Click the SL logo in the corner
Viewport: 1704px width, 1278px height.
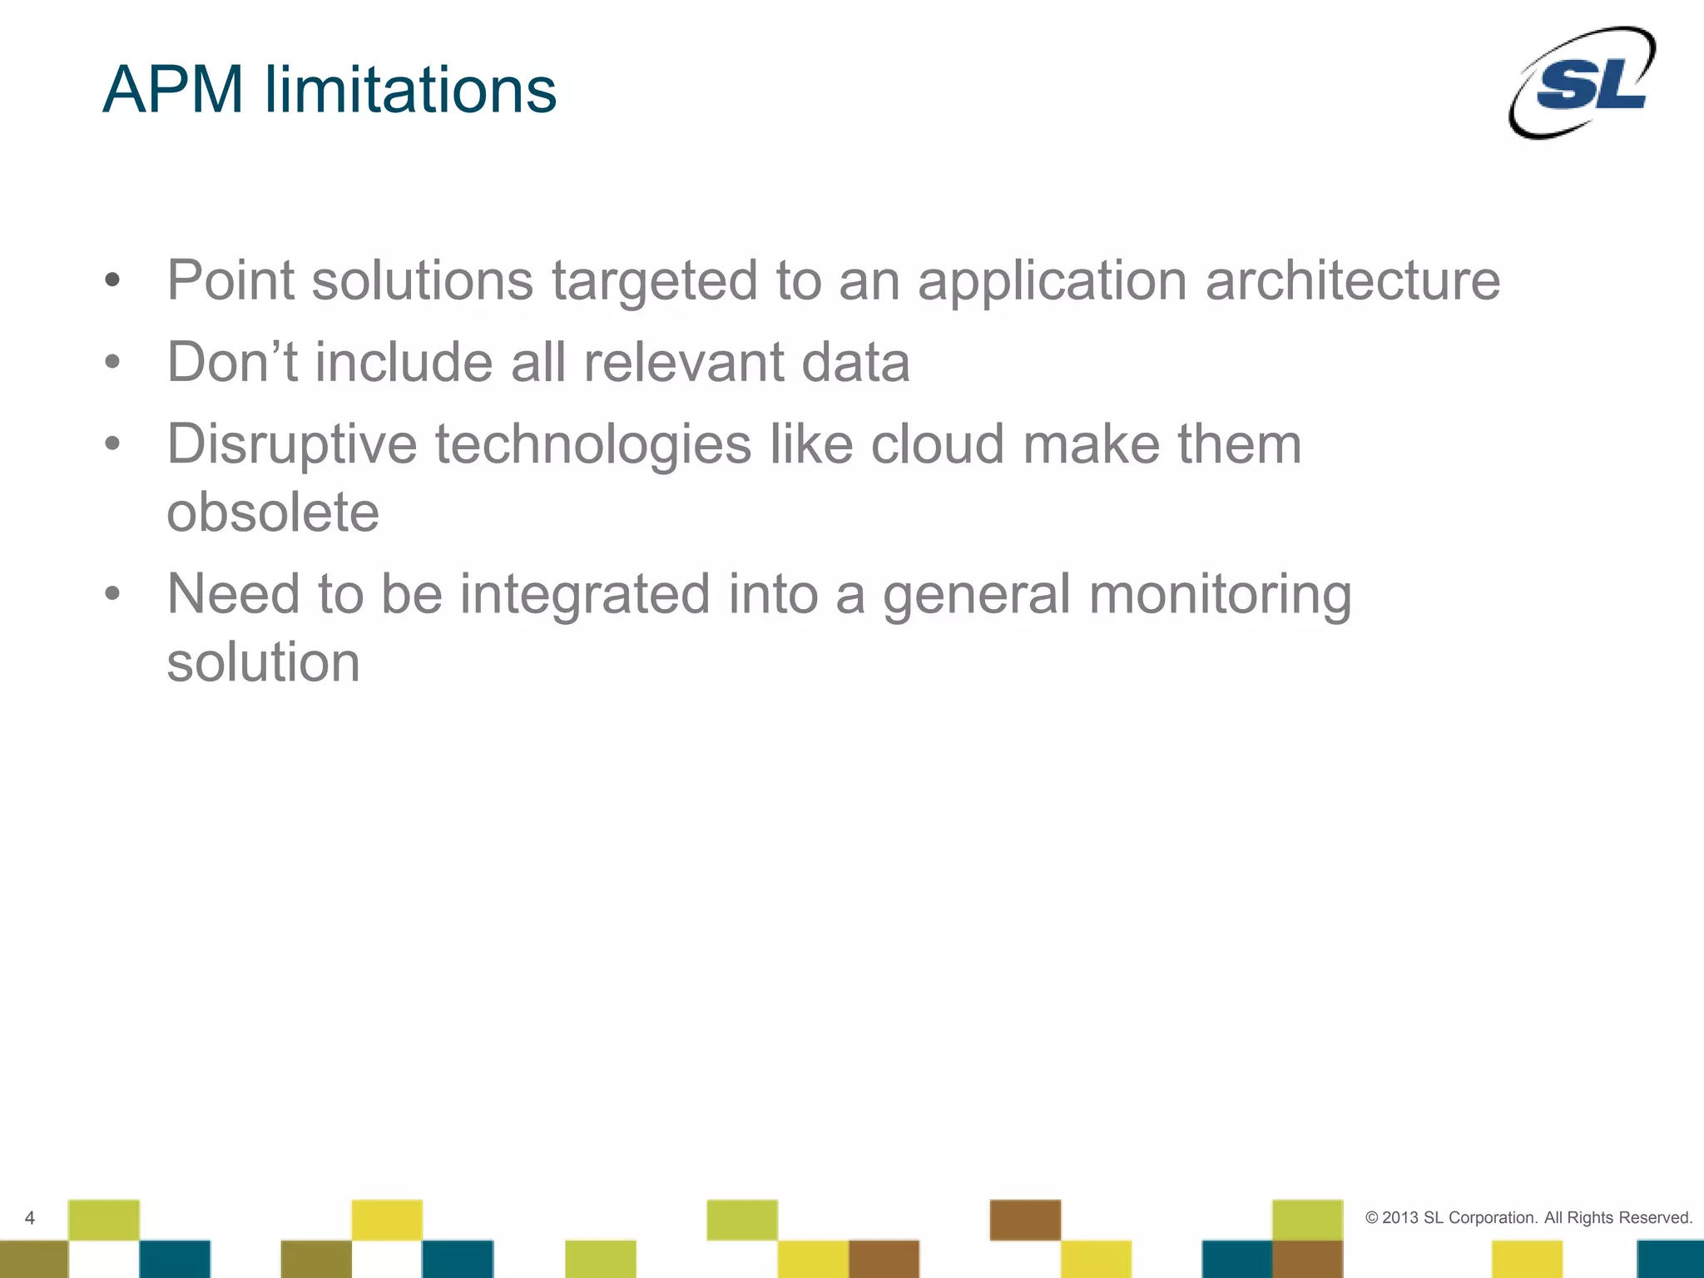pyautogui.click(x=1583, y=83)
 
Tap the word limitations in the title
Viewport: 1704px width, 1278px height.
pyautogui.click(x=410, y=90)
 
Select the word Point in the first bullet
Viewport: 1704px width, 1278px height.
pyautogui.click(x=230, y=280)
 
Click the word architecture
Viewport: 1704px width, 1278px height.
pyautogui.click(x=1353, y=280)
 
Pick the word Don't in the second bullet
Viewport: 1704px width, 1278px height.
pyautogui.click(x=232, y=363)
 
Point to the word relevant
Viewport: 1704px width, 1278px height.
pyautogui.click(x=683, y=363)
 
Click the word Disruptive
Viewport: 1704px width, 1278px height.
pyautogui.click(x=292, y=444)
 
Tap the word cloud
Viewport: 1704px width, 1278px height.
pyautogui.click(x=937, y=444)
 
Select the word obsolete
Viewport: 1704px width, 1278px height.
pyautogui.click(x=273, y=512)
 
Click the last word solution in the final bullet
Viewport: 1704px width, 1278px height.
pyautogui.click(x=263, y=662)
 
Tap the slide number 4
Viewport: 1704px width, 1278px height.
pyautogui.click(x=30, y=1218)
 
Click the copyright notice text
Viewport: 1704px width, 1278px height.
pyautogui.click(x=1528, y=1217)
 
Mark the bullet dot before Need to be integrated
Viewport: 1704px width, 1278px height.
pyautogui.click(x=112, y=594)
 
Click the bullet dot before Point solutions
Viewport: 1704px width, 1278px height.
pyautogui.click(x=112, y=280)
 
